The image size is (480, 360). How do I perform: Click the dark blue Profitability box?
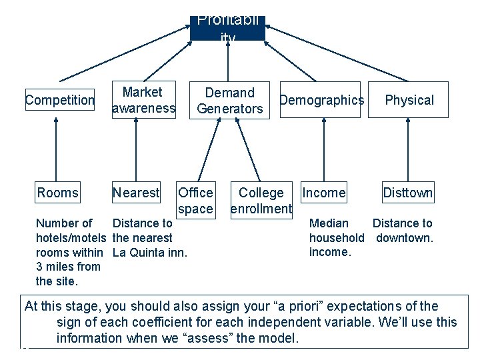[x=227, y=27]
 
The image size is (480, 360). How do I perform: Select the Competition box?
[x=60, y=100]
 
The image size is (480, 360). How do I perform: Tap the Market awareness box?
[x=143, y=100]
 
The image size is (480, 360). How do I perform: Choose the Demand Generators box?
[x=230, y=100]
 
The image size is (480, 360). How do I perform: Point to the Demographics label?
[x=321, y=100]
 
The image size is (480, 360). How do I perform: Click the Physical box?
[x=409, y=100]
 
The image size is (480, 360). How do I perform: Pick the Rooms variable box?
[x=57, y=193]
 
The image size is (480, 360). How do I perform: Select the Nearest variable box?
[x=136, y=193]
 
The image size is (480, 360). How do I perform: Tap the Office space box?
[x=195, y=201]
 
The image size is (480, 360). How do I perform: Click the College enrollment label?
[x=261, y=201]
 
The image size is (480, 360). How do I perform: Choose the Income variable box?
[x=324, y=193]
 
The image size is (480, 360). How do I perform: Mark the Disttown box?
[x=407, y=193]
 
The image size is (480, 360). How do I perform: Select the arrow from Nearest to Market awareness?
[x=135, y=150]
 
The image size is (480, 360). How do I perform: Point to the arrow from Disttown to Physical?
[x=407, y=150]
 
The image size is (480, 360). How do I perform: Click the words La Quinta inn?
[x=150, y=252]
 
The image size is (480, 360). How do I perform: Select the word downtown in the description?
[x=405, y=237]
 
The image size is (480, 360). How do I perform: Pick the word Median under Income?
[x=329, y=223]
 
